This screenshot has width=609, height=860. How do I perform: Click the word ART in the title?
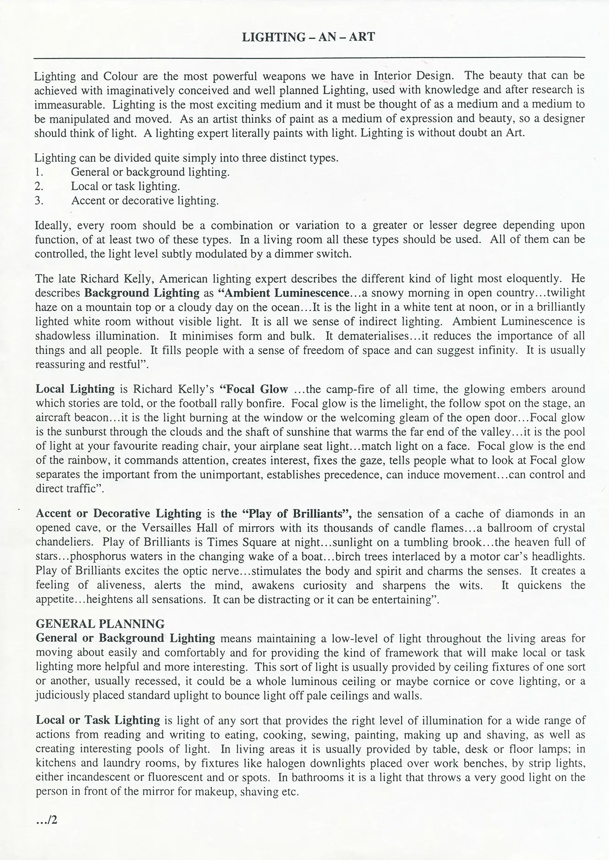click(362, 37)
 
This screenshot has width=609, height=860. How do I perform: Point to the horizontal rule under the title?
click(309, 58)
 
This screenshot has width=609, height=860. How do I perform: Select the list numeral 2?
click(39, 186)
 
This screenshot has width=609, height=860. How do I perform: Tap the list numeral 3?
click(39, 201)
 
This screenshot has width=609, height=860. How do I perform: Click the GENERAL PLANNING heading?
click(100, 624)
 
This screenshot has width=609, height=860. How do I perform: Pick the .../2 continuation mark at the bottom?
click(46, 819)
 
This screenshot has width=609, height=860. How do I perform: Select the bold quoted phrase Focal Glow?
click(254, 389)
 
